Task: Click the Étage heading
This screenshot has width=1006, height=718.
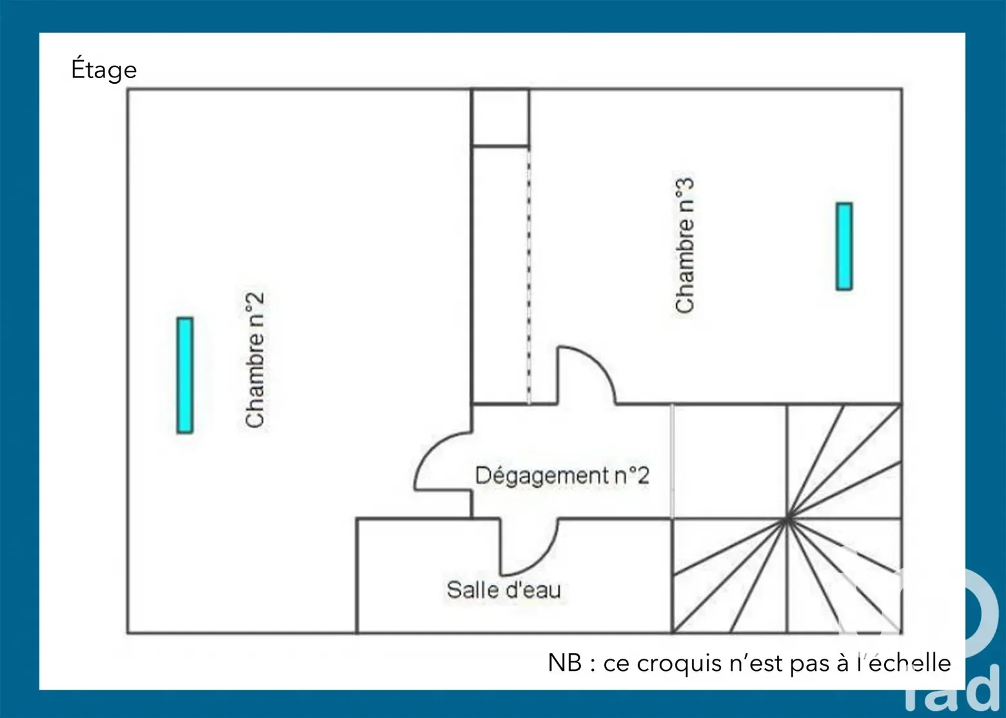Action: [x=104, y=69]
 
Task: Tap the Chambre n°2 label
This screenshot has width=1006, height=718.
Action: [x=255, y=360]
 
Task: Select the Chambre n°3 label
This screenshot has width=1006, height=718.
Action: [x=684, y=245]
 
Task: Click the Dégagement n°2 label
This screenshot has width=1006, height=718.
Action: [x=562, y=476]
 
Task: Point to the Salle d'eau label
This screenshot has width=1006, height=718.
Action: [x=504, y=590]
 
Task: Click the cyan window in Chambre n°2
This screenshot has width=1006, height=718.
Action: [x=185, y=375]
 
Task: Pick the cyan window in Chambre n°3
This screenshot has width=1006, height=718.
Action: [x=844, y=246]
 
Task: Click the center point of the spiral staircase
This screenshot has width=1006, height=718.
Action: [x=787, y=520]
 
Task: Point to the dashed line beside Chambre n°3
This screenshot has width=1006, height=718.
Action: [x=529, y=275]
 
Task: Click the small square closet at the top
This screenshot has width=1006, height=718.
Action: [x=500, y=117]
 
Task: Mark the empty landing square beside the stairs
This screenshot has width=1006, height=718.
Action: [x=729, y=461]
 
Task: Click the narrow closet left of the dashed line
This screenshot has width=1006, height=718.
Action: [x=500, y=275]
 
